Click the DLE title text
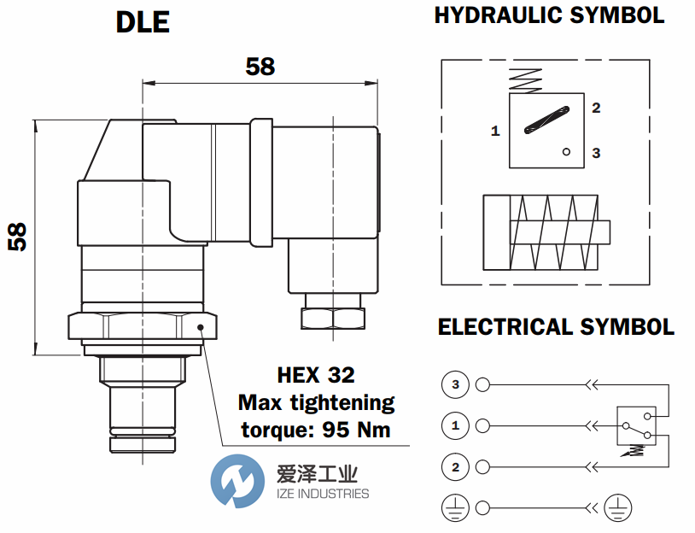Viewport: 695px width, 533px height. tap(143, 23)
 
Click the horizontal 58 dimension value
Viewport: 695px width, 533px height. tap(260, 67)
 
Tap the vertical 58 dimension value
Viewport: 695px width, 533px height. tap(17, 237)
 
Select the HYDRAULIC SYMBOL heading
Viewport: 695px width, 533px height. tap(549, 15)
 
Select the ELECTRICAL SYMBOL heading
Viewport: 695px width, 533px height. tap(556, 327)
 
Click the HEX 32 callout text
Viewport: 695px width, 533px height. tap(316, 375)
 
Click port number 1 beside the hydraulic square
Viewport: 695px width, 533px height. tap(495, 132)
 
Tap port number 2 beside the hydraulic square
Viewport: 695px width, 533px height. tap(596, 108)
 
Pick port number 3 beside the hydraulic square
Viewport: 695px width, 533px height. tap(596, 153)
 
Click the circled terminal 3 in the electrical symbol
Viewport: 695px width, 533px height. tap(455, 385)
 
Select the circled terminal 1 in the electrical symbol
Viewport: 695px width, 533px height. tap(455, 425)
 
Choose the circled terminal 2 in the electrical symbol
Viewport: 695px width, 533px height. tap(455, 466)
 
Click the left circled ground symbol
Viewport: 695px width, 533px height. tap(455, 509)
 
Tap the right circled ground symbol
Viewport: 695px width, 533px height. tap(616, 509)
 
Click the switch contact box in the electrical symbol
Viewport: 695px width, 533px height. tap(637, 425)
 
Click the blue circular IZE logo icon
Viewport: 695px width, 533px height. tap(237, 483)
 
